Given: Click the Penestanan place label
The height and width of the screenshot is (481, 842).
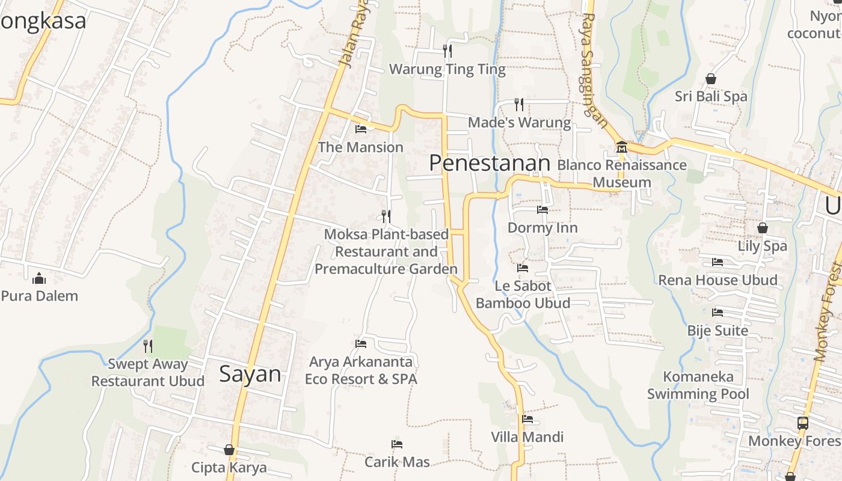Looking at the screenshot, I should point(490,163).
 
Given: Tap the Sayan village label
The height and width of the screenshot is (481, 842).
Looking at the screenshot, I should point(250,374).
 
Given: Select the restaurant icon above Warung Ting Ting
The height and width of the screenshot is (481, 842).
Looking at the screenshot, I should point(447,51).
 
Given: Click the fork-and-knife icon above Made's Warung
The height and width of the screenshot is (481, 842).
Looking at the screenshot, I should point(519,105).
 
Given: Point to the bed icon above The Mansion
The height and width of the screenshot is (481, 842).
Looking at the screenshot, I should point(361,129).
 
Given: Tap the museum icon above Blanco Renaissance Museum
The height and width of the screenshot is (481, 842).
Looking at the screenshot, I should point(621,147).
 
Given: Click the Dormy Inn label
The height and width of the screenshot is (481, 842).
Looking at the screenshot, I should point(542,228).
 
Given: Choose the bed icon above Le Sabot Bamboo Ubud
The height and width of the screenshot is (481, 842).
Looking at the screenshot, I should point(523,268).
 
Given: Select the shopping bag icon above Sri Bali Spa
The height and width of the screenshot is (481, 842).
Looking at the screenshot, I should point(711,79).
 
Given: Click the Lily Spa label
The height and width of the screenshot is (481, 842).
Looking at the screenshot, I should point(762,246).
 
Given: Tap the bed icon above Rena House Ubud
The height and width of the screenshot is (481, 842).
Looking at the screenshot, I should point(718,262).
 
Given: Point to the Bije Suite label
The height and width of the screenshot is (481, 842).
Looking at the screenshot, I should point(718,331).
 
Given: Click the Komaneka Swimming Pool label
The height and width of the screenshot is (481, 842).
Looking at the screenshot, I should point(698,385).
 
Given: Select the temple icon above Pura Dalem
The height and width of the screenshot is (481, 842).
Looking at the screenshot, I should point(40,278).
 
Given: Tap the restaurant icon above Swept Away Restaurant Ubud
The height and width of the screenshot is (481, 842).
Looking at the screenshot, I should point(147,346).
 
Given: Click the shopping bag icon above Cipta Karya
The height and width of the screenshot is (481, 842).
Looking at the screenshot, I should point(229,450).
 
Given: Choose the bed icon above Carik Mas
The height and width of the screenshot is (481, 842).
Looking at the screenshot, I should point(397,444).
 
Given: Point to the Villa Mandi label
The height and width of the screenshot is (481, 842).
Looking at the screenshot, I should point(527,437).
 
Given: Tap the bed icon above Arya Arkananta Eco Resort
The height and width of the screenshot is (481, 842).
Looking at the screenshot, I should point(361,344).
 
